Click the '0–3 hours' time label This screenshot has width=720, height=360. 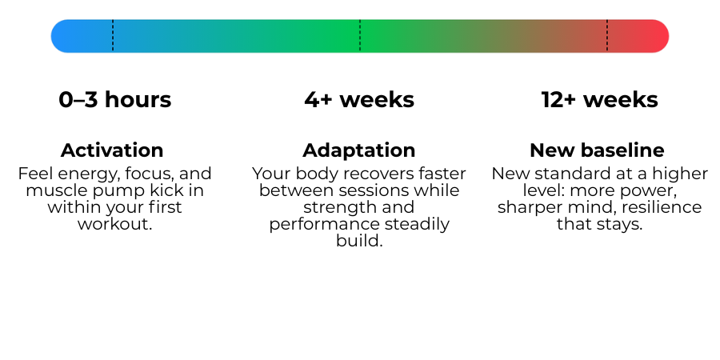pos(114,100)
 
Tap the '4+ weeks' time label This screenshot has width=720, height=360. pos(359,100)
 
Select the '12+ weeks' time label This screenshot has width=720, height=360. pos(599,100)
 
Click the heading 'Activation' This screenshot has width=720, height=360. pos(112,150)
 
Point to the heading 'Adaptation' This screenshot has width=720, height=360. pos(359,150)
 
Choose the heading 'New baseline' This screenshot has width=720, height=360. pos(597,150)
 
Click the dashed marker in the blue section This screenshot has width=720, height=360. pos(113,36)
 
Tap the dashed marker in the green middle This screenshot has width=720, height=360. pos(360,36)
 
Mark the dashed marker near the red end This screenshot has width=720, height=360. pos(607,36)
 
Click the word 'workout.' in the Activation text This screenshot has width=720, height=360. pos(114,224)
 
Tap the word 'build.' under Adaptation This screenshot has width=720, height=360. pos(359,241)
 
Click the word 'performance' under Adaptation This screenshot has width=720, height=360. pos(324,225)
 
